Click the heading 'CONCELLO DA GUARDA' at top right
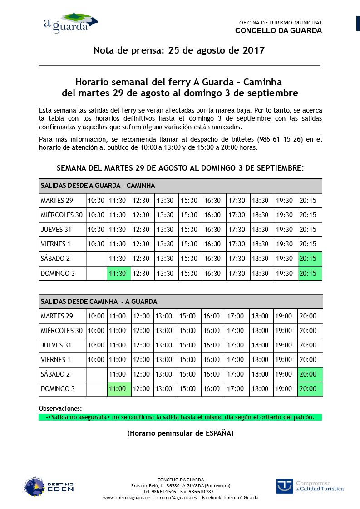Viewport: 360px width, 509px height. (x=278, y=31)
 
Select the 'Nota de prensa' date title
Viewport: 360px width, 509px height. (x=179, y=50)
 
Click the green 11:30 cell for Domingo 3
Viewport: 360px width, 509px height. (x=119, y=274)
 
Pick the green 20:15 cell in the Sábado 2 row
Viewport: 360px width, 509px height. (x=310, y=259)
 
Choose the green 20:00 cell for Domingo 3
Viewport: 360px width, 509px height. (x=310, y=389)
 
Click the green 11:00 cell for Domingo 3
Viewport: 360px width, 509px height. (x=119, y=389)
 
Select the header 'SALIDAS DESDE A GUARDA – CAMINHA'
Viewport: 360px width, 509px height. (x=98, y=186)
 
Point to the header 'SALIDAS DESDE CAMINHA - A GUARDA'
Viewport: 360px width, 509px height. (x=99, y=301)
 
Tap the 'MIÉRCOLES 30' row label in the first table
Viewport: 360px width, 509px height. (x=62, y=215)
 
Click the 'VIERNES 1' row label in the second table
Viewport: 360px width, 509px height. (x=56, y=360)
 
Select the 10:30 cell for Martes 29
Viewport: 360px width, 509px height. (x=96, y=201)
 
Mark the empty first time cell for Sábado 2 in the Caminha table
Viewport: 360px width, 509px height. (x=96, y=374)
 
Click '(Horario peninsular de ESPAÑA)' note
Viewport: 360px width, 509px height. (x=180, y=433)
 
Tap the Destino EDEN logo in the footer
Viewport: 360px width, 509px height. (x=49, y=487)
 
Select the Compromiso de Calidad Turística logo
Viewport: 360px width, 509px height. (x=310, y=486)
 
